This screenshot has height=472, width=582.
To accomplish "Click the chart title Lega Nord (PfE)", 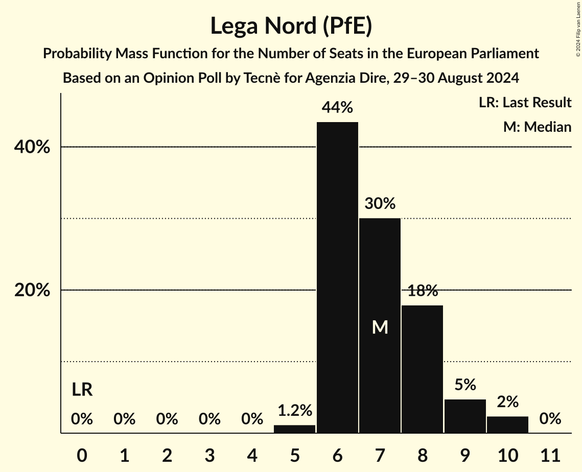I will click(291, 26).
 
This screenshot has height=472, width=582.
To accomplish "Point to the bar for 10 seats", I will click(507, 424).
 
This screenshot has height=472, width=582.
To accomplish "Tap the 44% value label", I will click(337, 108).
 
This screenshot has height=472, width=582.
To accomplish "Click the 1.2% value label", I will click(295, 410).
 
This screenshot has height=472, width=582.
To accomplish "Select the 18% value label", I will click(423, 291).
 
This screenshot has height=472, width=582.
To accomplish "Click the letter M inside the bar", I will click(380, 327).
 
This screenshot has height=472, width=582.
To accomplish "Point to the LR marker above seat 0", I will click(82, 390).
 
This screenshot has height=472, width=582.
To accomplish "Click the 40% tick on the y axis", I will click(32, 148).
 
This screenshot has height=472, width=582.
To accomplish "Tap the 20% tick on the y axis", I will click(32, 291).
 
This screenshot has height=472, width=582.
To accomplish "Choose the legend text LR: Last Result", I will click(525, 103).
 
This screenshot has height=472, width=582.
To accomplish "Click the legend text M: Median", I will click(537, 127).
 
